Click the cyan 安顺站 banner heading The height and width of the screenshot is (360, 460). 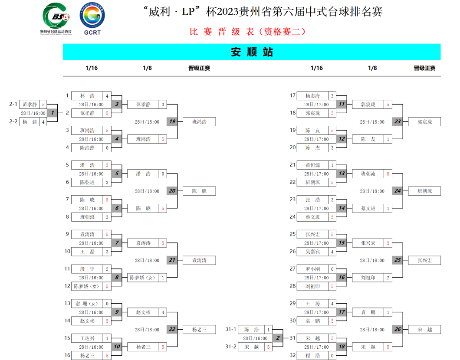click(x=252, y=52)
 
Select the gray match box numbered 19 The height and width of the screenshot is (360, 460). click(x=172, y=121)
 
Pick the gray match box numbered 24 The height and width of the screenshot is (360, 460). click(x=398, y=191)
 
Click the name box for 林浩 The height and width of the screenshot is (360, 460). click(x=87, y=96)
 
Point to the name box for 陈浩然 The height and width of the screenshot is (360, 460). click(x=87, y=147)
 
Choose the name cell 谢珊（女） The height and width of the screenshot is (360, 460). click(x=87, y=304)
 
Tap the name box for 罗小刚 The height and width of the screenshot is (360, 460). click(x=312, y=269)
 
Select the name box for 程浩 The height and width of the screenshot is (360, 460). click(x=312, y=355)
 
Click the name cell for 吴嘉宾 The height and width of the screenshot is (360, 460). click(x=312, y=252)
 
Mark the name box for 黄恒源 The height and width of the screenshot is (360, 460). click(x=312, y=165)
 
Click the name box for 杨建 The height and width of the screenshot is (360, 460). click(x=30, y=122)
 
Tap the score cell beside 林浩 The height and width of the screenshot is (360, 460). click(x=107, y=96)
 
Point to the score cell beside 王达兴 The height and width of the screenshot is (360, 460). click(x=107, y=338)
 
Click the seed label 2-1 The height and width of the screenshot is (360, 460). click(x=13, y=104)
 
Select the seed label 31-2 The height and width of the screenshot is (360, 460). click(x=230, y=347)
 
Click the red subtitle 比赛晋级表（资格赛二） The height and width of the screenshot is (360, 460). click(x=248, y=32)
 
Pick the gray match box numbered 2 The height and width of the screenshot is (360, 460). click(x=278, y=338)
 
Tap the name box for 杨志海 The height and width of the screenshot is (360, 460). click(x=312, y=96)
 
